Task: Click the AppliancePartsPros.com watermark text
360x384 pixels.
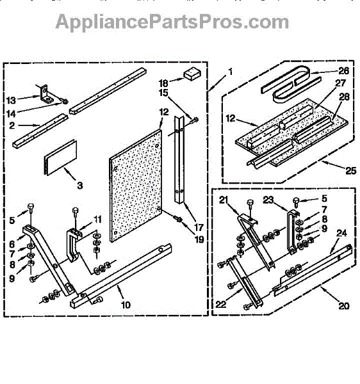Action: [172, 22]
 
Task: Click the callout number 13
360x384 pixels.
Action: [11, 100]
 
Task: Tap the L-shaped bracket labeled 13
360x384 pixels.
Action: [47, 94]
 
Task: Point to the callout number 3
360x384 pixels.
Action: [80, 186]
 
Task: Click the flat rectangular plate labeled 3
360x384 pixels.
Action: [60, 157]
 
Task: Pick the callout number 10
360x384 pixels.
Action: [126, 305]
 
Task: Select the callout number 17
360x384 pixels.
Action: [199, 227]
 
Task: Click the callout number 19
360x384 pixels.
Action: [199, 239]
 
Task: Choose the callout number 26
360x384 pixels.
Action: [343, 71]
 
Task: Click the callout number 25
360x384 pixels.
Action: [350, 170]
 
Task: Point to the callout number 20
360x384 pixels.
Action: [343, 306]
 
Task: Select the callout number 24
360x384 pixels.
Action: [341, 233]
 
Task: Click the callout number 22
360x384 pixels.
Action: [221, 305]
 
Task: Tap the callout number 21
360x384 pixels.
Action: [224, 200]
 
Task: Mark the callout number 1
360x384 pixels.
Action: [230, 72]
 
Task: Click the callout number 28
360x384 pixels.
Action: [345, 97]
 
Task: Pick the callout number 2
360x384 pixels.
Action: [12, 125]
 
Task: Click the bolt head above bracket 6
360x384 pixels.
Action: [31, 207]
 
